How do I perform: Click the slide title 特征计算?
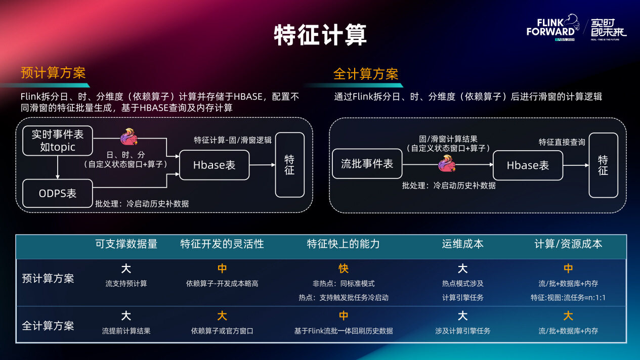click(320, 35)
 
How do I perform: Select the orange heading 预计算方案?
click(53, 73)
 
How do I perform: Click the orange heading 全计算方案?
click(366, 74)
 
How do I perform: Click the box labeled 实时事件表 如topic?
click(58, 141)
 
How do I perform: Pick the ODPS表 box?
click(58, 193)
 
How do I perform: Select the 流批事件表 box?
click(367, 164)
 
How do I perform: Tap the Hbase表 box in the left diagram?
click(214, 165)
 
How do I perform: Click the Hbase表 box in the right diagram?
click(528, 165)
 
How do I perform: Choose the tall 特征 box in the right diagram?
click(603, 165)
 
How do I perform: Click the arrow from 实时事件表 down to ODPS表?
click(58, 167)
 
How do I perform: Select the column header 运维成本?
click(462, 244)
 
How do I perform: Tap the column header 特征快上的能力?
click(343, 244)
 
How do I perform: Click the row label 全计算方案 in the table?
click(48, 326)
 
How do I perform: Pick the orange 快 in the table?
click(344, 268)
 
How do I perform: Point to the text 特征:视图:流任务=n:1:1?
click(568, 297)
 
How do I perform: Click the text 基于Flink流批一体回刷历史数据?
click(344, 331)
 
